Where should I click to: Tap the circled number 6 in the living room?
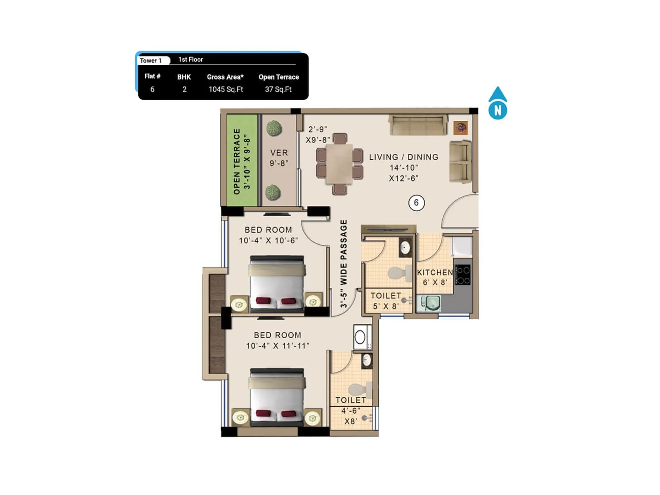[x=416, y=203]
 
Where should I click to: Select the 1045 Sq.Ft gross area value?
[x=226, y=89]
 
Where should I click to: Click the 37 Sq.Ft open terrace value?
[x=278, y=89]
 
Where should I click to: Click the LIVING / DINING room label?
[x=403, y=157]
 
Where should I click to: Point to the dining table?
[x=339, y=164]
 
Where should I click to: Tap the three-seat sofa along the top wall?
[x=418, y=125]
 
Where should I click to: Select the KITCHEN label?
[x=435, y=273]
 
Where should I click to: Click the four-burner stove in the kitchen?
[x=463, y=275]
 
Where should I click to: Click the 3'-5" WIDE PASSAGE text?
[x=344, y=264]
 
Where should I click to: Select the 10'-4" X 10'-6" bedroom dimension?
[x=268, y=240]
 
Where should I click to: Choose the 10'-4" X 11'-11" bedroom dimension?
[x=277, y=346]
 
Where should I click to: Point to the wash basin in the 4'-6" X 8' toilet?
[x=366, y=361]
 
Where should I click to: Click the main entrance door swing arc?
[x=459, y=210]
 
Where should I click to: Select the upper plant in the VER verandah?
[x=273, y=129]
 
